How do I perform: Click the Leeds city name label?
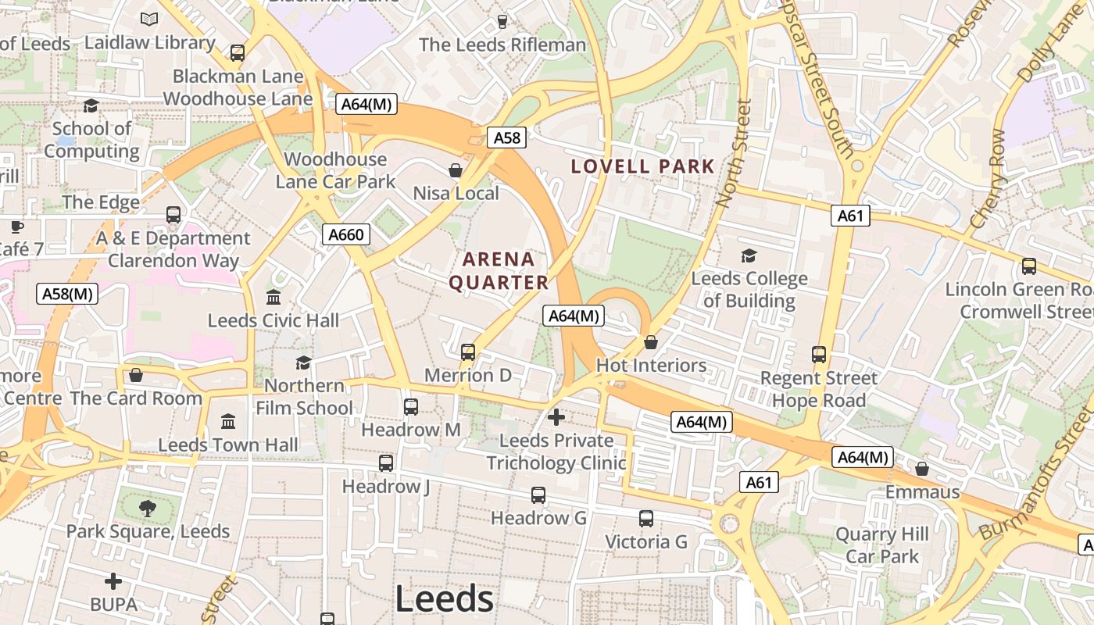[x=444, y=599]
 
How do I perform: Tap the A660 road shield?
[x=345, y=234]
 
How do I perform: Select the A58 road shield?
[x=506, y=137]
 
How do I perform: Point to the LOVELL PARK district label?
[x=642, y=166]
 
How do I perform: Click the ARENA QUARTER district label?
[x=499, y=270]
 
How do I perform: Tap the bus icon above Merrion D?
[x=468, y=352]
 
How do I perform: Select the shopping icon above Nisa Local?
[x=456, y=170]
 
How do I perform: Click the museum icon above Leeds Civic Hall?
[x=273, y=298]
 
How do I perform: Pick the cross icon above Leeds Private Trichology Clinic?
[x=556, y=417]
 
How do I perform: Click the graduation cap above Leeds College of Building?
[x=749, y=255]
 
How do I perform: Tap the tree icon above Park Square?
[x=147, y=509]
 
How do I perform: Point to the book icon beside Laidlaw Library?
[x=149, y=19]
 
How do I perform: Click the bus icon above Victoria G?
[x=646, y=519]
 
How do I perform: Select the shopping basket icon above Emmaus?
[x=922, y=469]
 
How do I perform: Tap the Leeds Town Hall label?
[x=228, y=445]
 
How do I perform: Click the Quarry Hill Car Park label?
[x=882, y=545]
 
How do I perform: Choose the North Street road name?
[x=733, y=153]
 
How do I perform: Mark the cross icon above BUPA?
[x=113, y=581]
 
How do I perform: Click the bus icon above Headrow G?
[x=538, y=495]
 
